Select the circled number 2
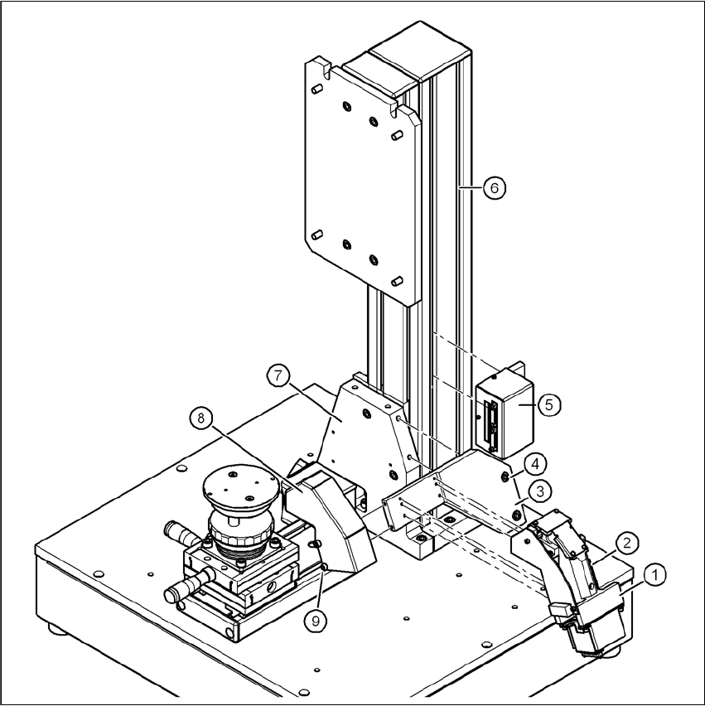click(x=628, y=544)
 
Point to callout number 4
click(x=535, y=465)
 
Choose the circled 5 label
click(x=549, y=404)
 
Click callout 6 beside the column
click(x=495, y=188)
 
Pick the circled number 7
click(x=278, y=375)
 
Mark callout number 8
click(x=200, y=418)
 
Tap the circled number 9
click(x=315, y=621)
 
